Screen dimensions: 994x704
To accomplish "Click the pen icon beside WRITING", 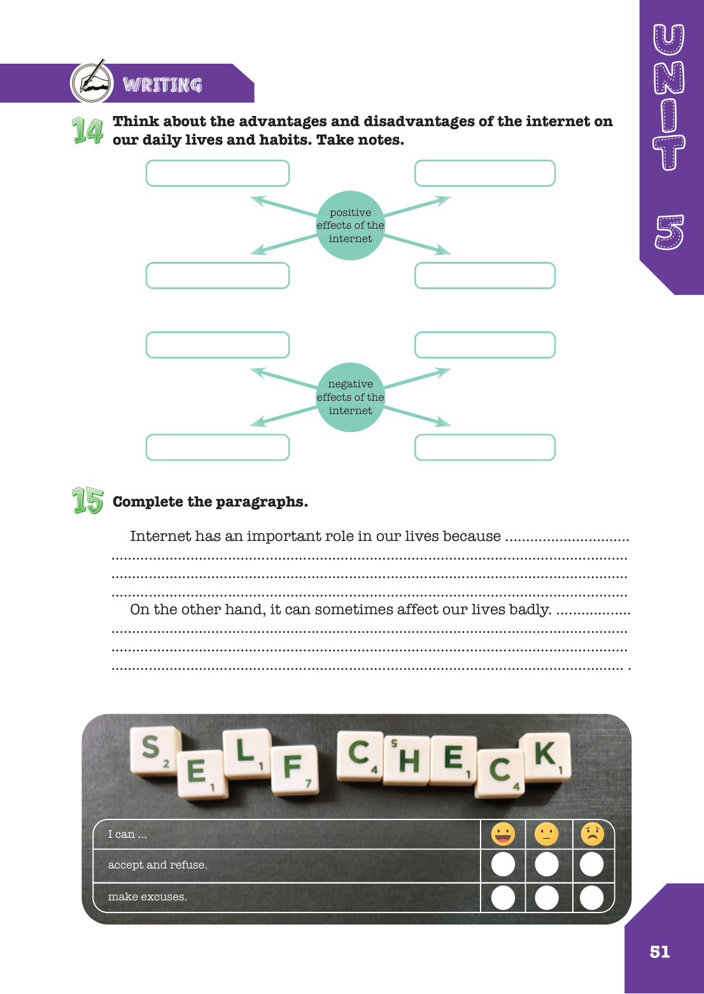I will [x=92, y=82].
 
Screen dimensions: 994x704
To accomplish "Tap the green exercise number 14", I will [x=87, y=131].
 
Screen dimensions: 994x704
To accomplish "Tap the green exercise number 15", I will [x=87, y=501].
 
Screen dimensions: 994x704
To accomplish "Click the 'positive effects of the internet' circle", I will [x=350, y=226].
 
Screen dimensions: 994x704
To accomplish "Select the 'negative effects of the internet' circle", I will [x=350, y=398].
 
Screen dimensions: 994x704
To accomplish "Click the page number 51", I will [x=659, y=952].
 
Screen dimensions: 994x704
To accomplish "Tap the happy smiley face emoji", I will [x=503, y=834].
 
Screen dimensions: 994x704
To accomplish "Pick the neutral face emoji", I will [x=546, y=834].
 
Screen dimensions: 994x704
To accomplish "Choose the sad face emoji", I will [x=592, y=834].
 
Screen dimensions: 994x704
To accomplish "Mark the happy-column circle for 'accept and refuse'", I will [x=503, y=865].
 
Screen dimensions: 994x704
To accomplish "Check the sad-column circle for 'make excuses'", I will [x=592, y=897].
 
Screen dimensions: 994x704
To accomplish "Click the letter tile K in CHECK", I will [x=545, y=756].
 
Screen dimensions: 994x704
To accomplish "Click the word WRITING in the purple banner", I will [x=162, y=85].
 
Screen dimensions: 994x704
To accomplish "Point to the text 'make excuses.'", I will [x=148, y=897].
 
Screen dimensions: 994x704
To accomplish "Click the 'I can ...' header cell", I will [x=127, y=835].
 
